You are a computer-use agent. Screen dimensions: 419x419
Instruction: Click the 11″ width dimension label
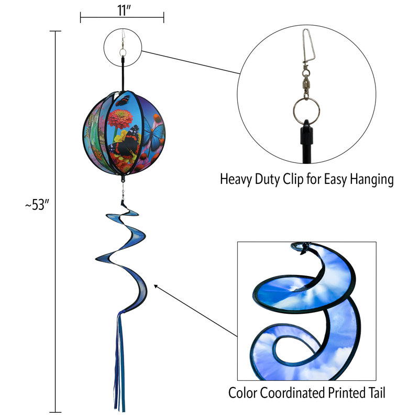click(124, 10)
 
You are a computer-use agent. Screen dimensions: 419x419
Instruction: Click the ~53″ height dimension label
click(37, 205)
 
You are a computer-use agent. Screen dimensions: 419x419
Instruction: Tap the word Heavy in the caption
click(236, 180)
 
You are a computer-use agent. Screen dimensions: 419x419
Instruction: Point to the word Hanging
click(372, 180)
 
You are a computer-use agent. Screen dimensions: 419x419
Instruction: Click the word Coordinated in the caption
click(293, 393)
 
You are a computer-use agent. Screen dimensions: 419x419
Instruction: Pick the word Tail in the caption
click(377, 393)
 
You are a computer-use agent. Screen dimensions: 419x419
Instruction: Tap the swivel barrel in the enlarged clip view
click(306, 85)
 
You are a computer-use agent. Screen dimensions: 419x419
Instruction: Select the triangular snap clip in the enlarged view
click(308, 46)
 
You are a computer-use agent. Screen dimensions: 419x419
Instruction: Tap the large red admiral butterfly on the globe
click(126, 145)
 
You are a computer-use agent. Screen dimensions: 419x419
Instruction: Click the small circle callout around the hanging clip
click(123, 29)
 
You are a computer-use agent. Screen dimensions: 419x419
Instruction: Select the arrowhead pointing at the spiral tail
click(156, 286)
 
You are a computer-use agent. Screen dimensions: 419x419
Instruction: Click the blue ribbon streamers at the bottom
click(119, 361)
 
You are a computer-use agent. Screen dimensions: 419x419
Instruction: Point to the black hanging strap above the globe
click(123, 74)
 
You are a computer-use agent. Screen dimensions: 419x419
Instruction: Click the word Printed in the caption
click(347, 393)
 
